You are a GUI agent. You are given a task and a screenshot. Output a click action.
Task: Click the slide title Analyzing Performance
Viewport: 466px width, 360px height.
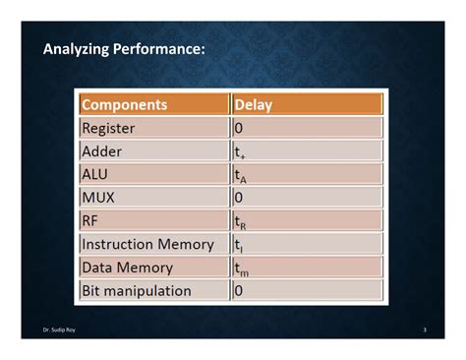[x=124, y=48]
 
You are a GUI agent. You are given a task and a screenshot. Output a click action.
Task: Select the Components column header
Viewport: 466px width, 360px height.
[x=125, y=104]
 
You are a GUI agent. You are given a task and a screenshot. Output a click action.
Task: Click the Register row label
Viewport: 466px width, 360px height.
[x=108, y=128]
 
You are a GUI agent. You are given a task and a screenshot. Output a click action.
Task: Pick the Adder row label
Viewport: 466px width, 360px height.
[x=101, y=150]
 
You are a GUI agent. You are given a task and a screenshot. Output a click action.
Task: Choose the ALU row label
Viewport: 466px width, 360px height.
[x=95, y=174]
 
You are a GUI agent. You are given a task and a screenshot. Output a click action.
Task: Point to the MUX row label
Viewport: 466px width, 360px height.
[x=98, y=197]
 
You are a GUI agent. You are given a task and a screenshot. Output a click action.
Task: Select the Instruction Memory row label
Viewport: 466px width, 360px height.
[x=147, y=244]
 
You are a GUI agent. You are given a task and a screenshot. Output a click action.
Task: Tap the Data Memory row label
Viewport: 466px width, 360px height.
[x=127, y=267]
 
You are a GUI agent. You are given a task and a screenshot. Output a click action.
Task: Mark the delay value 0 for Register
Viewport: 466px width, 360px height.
[x=239, y=128]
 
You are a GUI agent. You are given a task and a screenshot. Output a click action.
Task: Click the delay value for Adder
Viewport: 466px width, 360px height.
[x=240, y=152]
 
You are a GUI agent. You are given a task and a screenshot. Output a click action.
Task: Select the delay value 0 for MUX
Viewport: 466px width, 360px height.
[x=239, y=197]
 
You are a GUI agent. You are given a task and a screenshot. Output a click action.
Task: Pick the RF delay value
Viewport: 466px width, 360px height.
[x=241, y=222]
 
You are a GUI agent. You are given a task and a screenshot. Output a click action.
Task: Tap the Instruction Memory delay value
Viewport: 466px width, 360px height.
[x=238, y=245]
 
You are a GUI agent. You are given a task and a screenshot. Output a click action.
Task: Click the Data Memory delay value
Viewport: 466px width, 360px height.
[x=242, y=269]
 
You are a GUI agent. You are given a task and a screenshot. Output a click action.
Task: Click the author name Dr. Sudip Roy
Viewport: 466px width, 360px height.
[x=58, y=330]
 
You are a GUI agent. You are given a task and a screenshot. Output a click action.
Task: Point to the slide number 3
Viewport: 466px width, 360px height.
[x=424, y=330]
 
